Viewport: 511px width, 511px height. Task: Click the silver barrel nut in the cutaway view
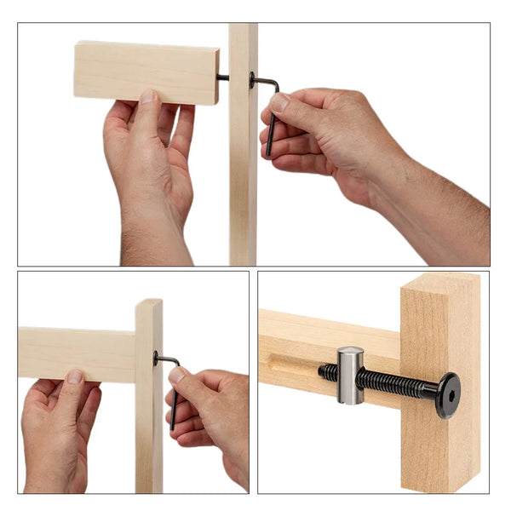349,375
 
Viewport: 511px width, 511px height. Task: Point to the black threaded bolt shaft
400,384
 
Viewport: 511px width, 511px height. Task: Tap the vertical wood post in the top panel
243,187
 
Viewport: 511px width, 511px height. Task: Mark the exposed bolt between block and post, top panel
223,78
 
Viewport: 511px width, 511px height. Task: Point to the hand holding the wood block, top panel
149,162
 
